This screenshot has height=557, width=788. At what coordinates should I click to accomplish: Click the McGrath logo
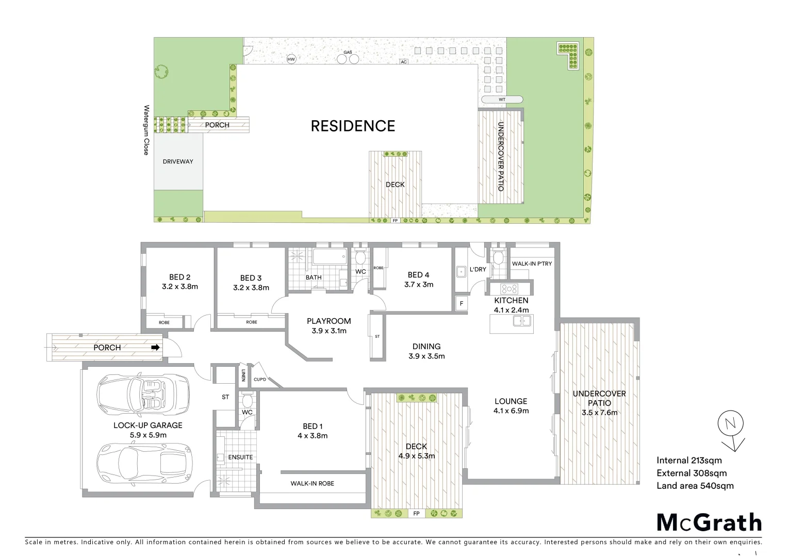(x=709, y=522)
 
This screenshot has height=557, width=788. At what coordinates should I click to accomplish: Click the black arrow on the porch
(x=155, y=348)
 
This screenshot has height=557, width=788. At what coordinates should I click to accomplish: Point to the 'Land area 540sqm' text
(x=695, y=485)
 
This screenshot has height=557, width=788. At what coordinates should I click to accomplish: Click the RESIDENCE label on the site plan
(x=353, y=126)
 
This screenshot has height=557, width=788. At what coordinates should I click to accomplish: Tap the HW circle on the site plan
(x=291, y=59)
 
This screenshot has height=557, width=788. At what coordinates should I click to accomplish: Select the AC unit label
(x=404, y=62)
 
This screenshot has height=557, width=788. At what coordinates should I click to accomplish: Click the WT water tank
(x=502, y=100)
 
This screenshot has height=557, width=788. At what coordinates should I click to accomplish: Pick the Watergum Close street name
(x=146, y=130)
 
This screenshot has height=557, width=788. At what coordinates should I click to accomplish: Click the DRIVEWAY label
(x=178, y=161)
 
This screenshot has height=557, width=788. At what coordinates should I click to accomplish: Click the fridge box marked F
(x=462, y=304)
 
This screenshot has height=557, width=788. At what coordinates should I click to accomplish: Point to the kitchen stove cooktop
(x=510, y=289)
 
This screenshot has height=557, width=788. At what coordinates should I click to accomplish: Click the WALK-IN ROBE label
(x=312, y=483)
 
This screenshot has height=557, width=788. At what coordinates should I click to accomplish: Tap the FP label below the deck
(x=416, y=514)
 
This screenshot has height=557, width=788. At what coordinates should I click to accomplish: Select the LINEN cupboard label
(x=243, y=375)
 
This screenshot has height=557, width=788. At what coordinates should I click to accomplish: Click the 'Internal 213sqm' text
(x=689, y=461)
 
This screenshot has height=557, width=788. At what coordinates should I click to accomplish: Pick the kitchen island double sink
(x=522, y=321)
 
